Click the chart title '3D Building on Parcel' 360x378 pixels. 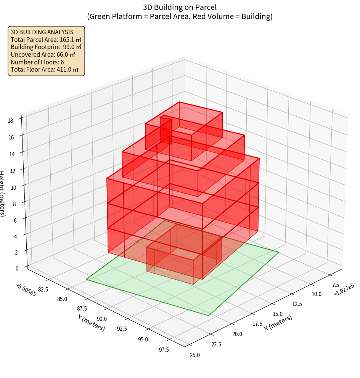[180, 7]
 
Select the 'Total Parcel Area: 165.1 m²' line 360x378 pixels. [46, 39]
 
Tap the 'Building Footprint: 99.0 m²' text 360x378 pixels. [46, 47]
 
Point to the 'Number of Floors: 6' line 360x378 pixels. [37, 62]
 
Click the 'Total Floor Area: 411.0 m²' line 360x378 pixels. [45, 69]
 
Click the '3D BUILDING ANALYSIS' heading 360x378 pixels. [42, 32]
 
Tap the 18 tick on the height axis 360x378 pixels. [10, 121]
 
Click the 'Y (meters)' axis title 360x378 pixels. [91, 323]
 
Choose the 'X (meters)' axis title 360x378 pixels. [278, 323]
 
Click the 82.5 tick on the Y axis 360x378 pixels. [43, 289]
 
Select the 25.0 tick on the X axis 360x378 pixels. [194, 355]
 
